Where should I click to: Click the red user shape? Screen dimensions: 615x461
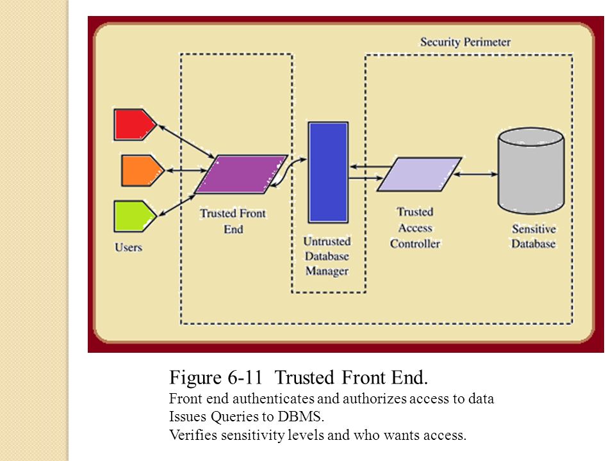135,125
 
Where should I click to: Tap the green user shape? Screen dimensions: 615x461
135,216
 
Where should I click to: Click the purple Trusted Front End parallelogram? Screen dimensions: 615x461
241,174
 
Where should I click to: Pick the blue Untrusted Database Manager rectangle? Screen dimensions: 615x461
328,172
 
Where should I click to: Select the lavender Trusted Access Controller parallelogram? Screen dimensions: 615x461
419,174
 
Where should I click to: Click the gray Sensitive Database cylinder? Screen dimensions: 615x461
531,171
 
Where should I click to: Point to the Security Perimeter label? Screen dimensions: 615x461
465,42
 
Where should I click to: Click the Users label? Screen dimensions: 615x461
128,247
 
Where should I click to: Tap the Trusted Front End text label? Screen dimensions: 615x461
233,221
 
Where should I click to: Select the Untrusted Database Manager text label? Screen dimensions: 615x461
327,256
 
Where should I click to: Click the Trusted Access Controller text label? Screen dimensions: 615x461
415,228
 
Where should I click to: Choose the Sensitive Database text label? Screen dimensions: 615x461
534,236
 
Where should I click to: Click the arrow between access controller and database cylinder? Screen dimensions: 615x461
475,174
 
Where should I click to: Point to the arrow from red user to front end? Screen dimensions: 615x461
186,142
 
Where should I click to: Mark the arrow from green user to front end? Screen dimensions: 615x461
177,206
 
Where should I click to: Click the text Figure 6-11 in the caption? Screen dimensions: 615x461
216,378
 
